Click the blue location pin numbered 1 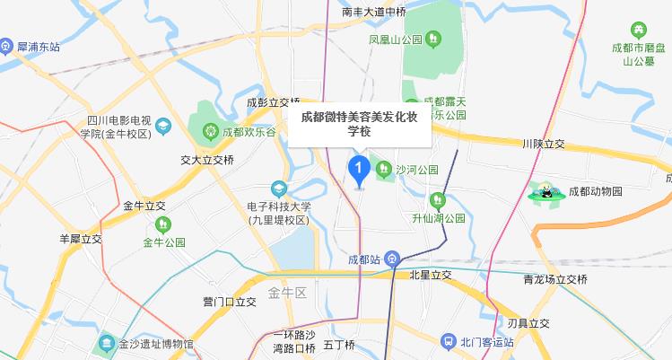coord(359,168)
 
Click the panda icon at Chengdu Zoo coord(545,190)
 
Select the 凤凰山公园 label coord(394,39)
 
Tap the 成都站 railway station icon coord(394,260)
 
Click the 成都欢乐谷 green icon coord(211,131)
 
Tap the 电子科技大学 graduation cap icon coord(280,189)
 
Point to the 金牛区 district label coord(287,293)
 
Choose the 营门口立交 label coord(230,302)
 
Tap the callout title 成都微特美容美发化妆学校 coord(359,124)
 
